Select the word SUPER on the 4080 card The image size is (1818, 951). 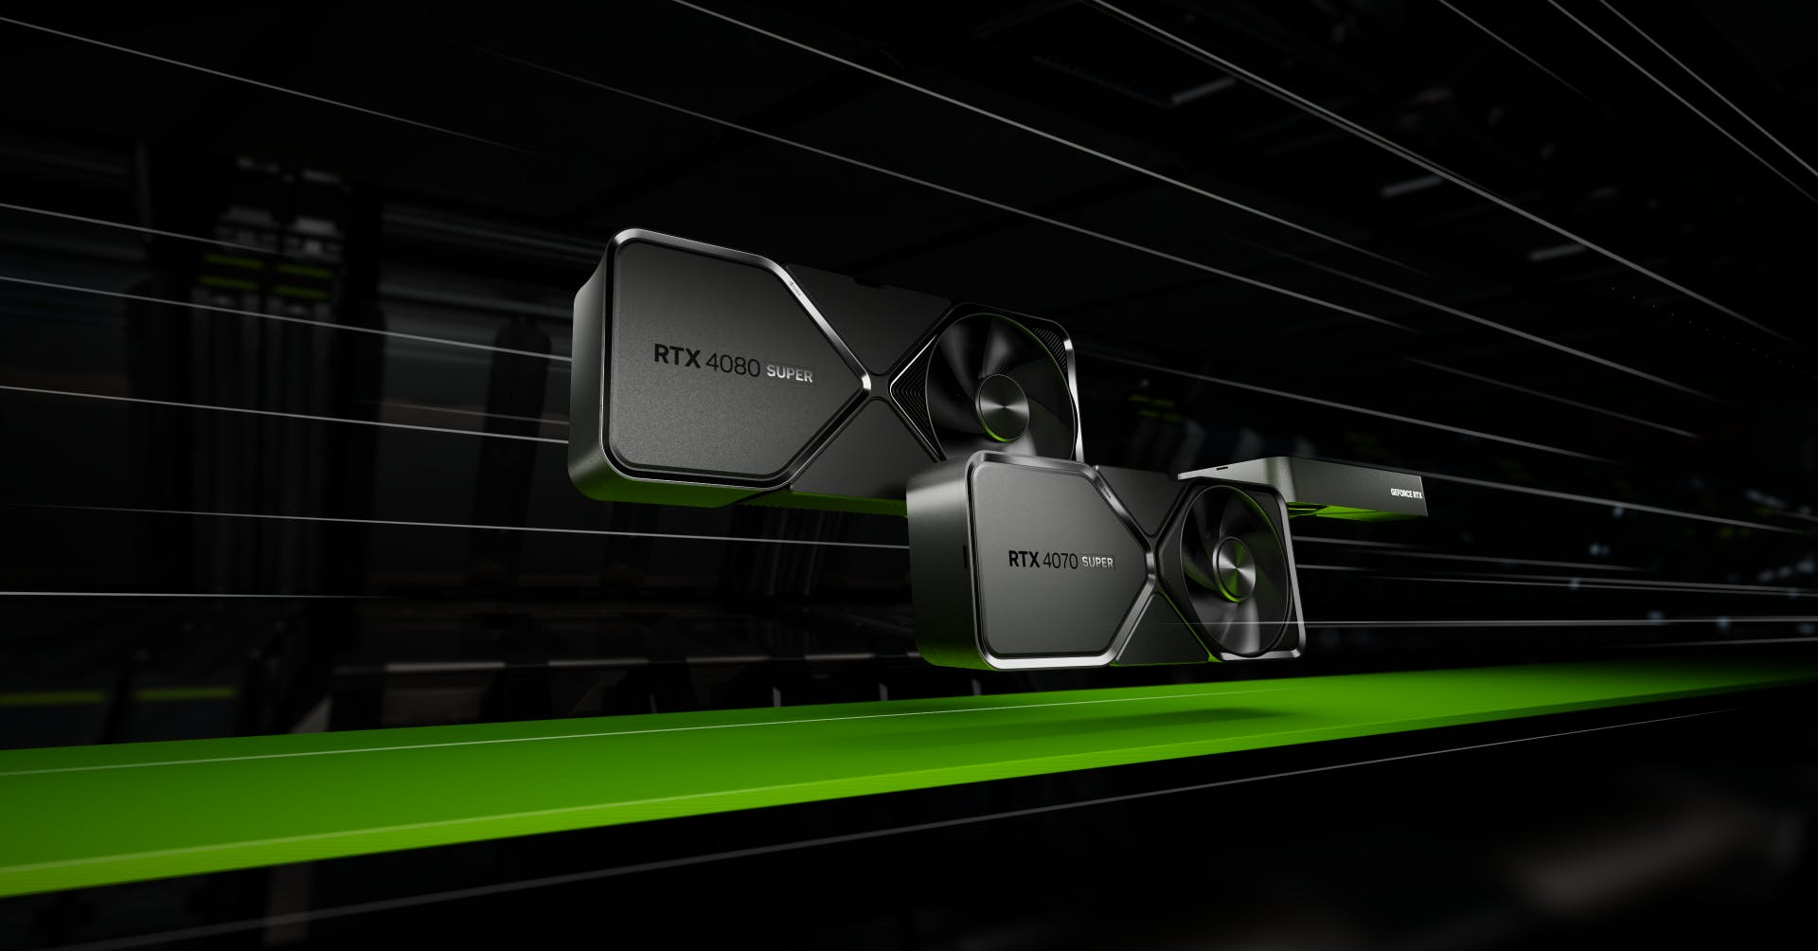790,373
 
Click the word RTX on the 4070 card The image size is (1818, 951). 1023,558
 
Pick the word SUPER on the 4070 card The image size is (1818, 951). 1097,562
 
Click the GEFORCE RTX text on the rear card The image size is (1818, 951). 1405,493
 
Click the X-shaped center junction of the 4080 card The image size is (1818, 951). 880,387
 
